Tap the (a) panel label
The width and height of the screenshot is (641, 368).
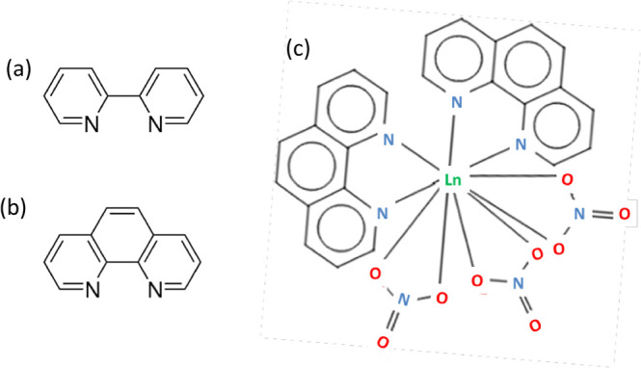(x=22, y=69)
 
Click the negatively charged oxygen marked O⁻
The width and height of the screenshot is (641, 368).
(x=475, y=281)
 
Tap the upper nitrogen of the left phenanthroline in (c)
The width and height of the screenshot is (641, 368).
(x=388, y=141)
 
